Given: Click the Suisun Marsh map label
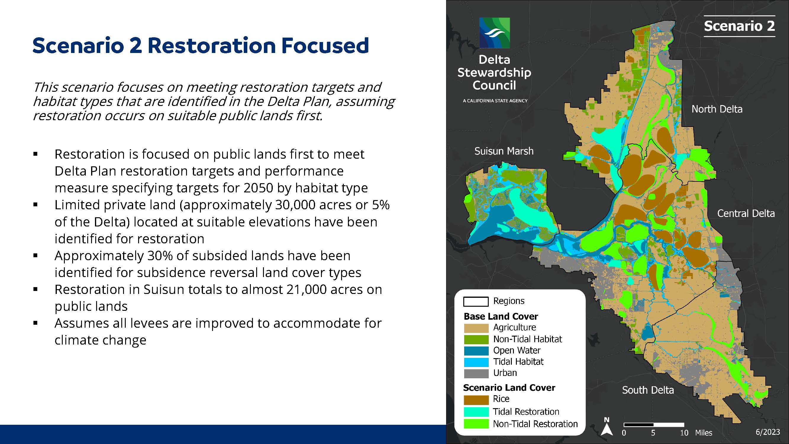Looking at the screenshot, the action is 504,151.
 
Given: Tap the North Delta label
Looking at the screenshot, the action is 717,109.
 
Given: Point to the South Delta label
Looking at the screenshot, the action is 648,390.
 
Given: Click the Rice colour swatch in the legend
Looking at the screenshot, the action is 476,400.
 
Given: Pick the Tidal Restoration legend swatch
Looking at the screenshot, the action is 476,412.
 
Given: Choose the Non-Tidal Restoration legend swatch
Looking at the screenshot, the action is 476,424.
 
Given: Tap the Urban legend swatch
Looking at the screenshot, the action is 476,374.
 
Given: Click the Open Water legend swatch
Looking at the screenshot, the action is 476,351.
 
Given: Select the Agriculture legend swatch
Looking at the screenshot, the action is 476,328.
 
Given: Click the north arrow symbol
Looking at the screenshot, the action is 606,427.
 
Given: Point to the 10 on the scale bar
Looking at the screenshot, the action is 684,433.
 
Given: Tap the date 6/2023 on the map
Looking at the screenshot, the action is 768,432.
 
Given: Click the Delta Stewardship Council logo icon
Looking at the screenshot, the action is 494,33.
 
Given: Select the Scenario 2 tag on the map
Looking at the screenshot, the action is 739,26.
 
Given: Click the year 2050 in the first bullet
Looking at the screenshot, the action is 258,188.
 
